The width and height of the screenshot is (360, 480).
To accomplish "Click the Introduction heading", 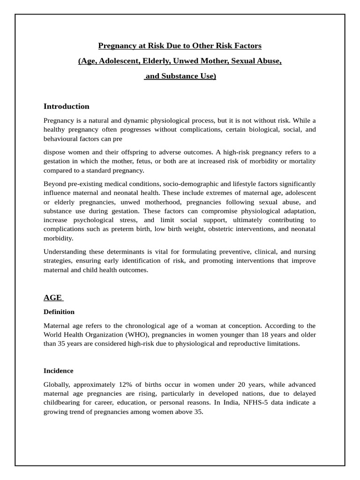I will [x=66, y=106].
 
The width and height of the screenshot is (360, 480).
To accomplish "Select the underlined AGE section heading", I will [x=53, y=298].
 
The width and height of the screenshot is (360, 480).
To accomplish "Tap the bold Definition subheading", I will [x=59, y=312].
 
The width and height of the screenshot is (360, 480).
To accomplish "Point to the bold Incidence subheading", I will [x=59, y=371].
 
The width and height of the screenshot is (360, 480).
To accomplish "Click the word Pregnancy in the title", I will [x=115, y=45].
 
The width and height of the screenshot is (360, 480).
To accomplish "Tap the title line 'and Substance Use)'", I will [x=180, y=76].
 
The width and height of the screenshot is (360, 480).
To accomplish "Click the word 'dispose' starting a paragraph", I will [x=56, y=152].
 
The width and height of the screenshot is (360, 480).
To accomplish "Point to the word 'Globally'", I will [x=57, y=384].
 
